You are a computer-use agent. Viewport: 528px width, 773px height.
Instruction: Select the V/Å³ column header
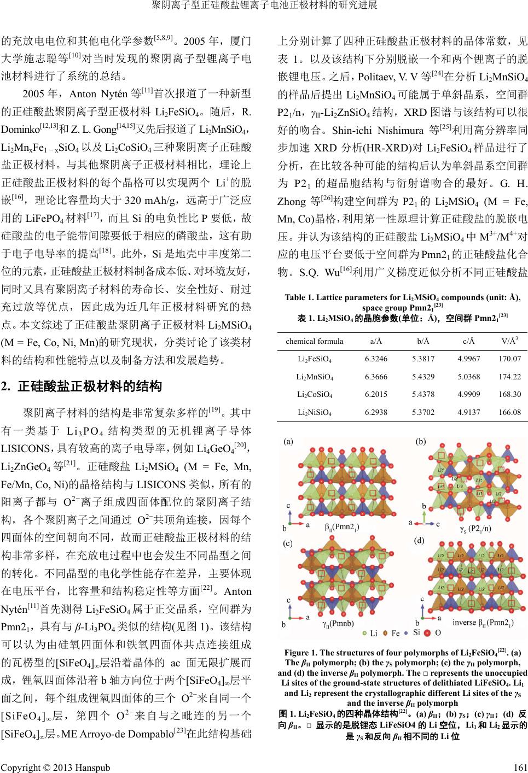coord(510,341)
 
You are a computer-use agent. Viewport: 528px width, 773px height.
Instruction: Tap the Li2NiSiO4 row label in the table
coord(314,412)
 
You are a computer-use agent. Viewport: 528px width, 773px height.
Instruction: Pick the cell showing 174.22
coord(510,377)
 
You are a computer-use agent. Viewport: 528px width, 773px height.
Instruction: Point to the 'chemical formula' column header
coord(315,341)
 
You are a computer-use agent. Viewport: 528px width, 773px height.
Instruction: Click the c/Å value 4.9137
coord(469,412)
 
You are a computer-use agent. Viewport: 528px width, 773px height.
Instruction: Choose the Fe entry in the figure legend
coord(395,634)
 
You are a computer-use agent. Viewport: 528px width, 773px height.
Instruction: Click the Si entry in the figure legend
coord(416,634)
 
